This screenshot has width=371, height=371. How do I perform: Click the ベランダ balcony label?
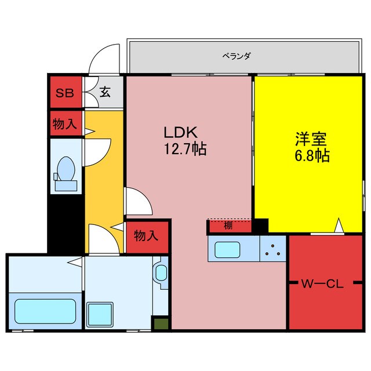(237, 56)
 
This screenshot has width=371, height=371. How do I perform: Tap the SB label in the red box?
(64, 93)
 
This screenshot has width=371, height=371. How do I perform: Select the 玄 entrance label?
(105, 92)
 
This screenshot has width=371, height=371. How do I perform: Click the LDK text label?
(180, 133)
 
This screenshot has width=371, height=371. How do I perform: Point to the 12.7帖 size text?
(185, 149)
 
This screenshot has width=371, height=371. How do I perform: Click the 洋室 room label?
(311, 139)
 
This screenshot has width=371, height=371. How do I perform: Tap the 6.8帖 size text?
(312, 155)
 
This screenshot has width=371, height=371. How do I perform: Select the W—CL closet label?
(322, 284)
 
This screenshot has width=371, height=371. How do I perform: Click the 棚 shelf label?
(228, 226)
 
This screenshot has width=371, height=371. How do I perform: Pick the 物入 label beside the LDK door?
(146, 236)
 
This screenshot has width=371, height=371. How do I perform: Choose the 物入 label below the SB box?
(65, 123)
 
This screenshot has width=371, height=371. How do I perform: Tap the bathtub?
(45, 311)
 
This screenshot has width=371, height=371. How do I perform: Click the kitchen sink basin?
(227, 250)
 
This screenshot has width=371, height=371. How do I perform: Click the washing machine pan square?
(100, 314)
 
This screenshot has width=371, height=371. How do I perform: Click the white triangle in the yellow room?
(339, 225)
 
